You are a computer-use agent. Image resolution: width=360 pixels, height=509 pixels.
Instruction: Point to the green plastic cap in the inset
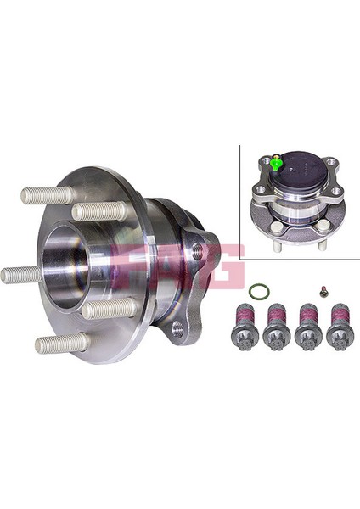point(277,162)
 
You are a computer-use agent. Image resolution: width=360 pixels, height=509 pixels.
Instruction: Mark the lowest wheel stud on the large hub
point(60,344)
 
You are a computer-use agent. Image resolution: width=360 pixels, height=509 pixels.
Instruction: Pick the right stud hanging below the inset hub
point(322,244)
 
